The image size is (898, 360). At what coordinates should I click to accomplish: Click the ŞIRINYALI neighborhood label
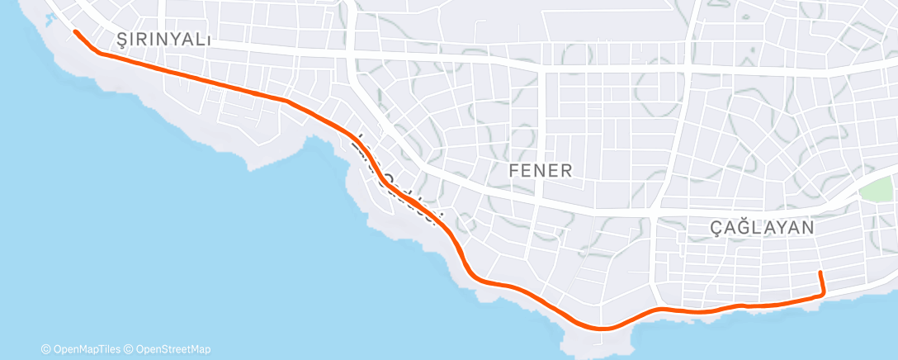pyautogui.click(x=165, y=40)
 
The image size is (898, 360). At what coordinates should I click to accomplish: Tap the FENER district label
pyautogui.click(x=541, y=171)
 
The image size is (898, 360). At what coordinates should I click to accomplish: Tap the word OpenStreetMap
pyautogui.click(x=173, y=349)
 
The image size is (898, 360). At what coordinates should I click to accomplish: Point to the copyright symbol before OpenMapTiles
pyautogui.click(x=46, y=349)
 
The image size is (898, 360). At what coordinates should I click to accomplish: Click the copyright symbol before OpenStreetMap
pyautogui.click(x=130, y=349)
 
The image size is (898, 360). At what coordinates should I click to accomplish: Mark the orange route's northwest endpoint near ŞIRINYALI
pyautogui.click(x=76, y=32)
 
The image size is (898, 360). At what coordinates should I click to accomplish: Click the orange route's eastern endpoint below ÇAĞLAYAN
pyautogui.click(x=820, y=272)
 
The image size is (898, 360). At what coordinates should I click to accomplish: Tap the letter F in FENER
pyautogui.click(x=513, y=171)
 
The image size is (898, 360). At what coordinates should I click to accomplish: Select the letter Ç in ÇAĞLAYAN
pyautogui.click(x=716, y=227)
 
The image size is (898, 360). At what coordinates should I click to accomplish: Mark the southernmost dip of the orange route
pyautogui.click(x=603, y=329)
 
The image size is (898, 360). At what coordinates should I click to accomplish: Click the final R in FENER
pyautogui.click(x=567, y=171)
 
